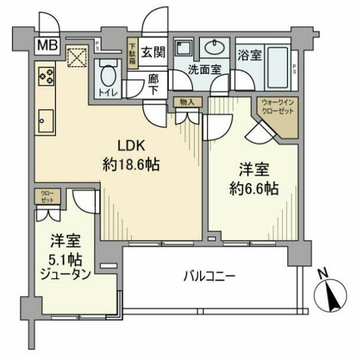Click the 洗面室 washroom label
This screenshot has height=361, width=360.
tap(205, 69)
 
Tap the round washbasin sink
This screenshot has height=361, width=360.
tap(212, 47)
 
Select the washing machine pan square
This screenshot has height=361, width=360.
tap(183, 47)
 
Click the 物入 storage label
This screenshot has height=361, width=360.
tap(186, 102)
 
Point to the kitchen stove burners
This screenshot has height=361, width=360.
tap(46, 75)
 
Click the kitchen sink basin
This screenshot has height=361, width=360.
tap(46, 122)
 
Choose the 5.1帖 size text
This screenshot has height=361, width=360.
tap(65, 259)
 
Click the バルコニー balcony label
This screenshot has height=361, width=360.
tap(209, 276)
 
